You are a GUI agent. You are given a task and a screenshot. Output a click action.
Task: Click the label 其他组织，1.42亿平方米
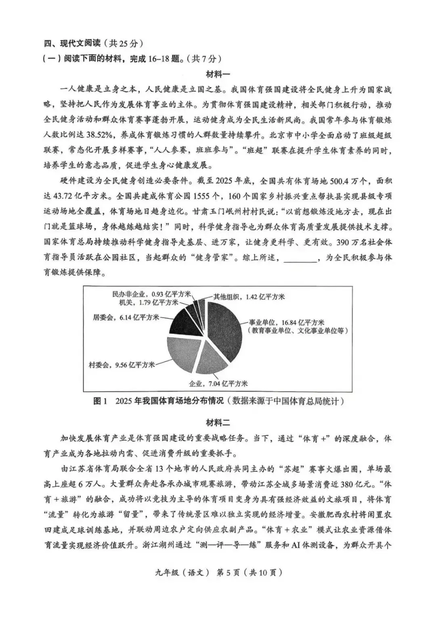pyautogui.click(x=249, y=297)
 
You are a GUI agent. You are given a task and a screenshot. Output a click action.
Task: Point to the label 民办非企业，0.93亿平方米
pyautogui.click(x=152, y=294)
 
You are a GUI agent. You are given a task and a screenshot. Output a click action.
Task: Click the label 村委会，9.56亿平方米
pyautogui.click(x=122, y=365)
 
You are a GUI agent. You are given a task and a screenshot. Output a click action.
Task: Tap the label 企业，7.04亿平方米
pyautogui.click(x=218, y=383)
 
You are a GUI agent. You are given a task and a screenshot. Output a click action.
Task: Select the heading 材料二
pyautogui.click(x=218, y=423)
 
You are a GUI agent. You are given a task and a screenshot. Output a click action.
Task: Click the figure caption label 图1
pyautogui.click(x=101, y=401)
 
